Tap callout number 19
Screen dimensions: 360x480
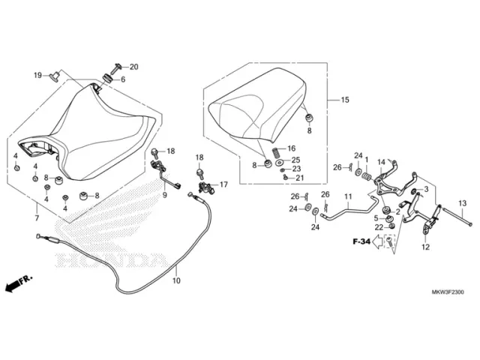37,75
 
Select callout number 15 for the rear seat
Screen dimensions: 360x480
345,100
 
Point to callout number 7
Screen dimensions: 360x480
36,218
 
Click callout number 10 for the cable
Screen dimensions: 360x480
177,282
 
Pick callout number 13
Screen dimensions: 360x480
463,204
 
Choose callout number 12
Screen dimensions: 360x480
424,247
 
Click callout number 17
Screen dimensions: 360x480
223,184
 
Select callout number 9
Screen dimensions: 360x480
164,195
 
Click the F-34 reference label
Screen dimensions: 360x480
361,242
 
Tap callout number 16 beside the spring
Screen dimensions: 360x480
291,148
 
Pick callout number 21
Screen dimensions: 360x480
299,178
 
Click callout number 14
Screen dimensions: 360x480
381,162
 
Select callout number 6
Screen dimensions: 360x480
124,79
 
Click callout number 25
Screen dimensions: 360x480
295,159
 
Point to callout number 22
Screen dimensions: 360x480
379,226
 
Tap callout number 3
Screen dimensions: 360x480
426,189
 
